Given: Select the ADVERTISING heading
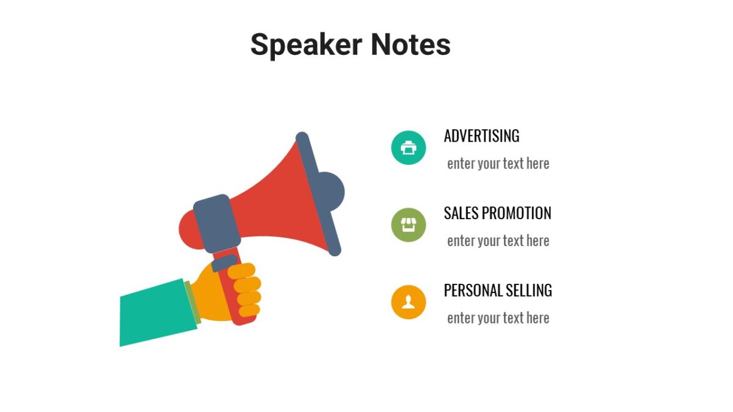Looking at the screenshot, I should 481,136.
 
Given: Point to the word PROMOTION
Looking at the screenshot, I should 516,213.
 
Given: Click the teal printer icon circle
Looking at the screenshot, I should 408,147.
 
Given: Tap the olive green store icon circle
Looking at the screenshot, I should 408,225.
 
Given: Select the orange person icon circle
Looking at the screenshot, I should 408,302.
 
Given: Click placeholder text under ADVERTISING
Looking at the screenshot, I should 498,164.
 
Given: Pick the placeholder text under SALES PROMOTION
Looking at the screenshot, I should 498,241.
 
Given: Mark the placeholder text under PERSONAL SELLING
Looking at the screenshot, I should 498,318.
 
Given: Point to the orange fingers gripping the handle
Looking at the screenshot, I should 247,290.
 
